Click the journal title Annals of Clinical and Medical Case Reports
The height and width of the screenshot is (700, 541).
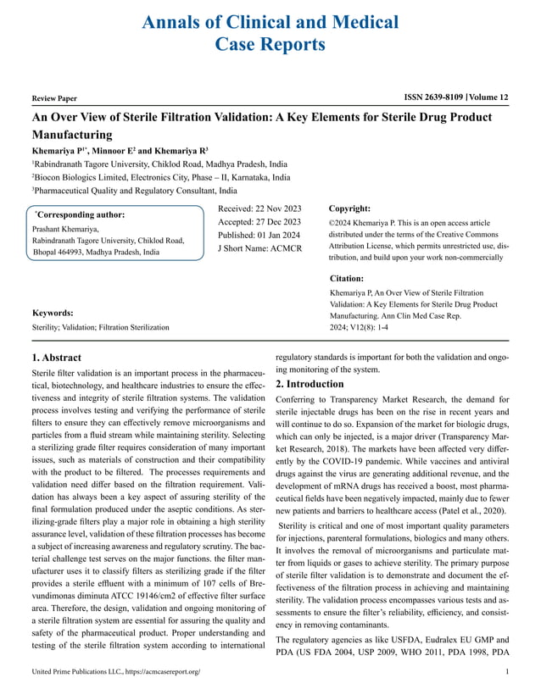tap(270, 33)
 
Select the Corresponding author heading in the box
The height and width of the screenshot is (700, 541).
tap(79, 215)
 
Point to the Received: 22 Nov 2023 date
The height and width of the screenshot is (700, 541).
tap(259, 208)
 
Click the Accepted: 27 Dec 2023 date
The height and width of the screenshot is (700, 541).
tap(259, 222)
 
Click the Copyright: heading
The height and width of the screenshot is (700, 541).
tap(349, 208)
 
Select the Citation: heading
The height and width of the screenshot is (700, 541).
tap(346, 278)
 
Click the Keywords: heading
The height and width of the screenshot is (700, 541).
tap(53, 313)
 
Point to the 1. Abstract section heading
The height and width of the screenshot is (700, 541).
tap(57, 358)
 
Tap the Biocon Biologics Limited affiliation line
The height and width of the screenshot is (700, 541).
tap(160, 177)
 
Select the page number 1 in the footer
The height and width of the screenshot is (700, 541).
tap(505, 672)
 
